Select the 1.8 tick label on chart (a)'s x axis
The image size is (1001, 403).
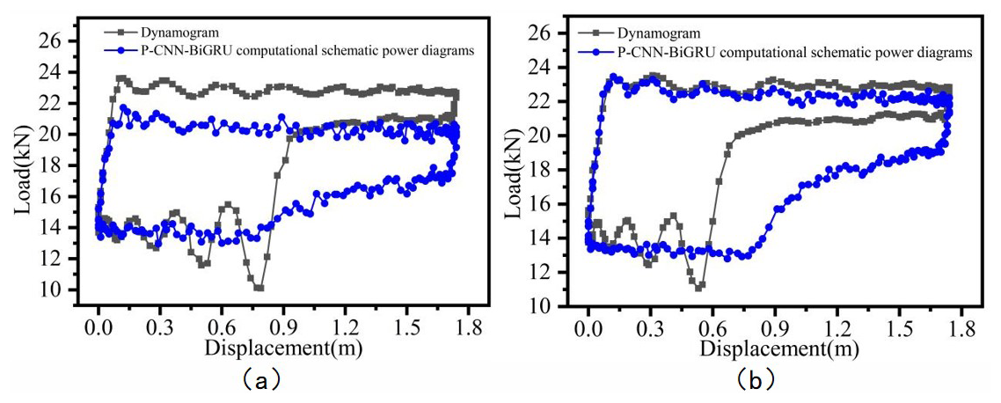[x=467, y=324]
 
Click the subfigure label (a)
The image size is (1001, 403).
[x=260, y=380]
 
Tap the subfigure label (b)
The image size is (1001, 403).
[x=755, y=380]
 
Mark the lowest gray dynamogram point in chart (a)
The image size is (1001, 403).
[x=259, y=288]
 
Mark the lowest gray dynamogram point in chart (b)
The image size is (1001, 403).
[x=698, y=288]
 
